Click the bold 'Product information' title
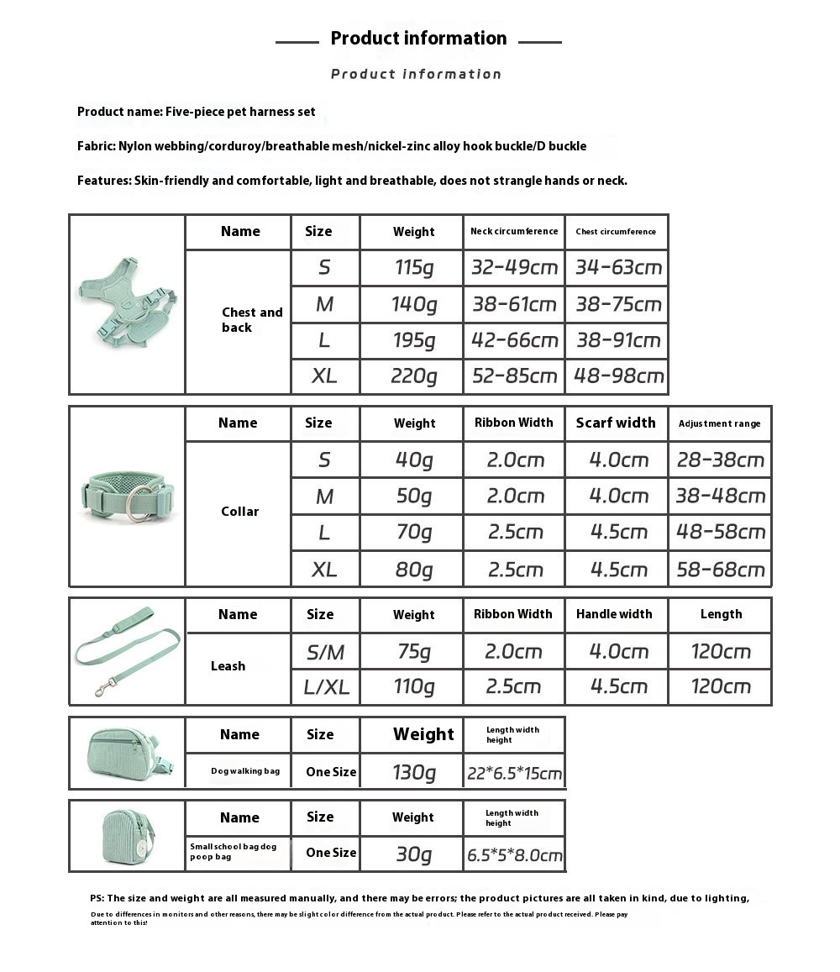click(418, 39)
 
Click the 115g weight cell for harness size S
click(413, 268)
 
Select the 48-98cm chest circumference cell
click(618, 376)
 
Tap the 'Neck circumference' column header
click(514, 231)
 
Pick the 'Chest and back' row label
click(251, 320)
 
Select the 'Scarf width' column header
click(616, 423)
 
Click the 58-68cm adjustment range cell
click(721, 570)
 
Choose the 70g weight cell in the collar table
click(413, 532)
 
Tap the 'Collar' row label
click(239, 512)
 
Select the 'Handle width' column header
click(614, 614)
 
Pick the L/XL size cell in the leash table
click(326, 687)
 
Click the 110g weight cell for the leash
click(413, 687)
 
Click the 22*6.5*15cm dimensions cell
click(514, 773)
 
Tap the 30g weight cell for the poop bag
click(413, 854)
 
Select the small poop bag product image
click(126, 835)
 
